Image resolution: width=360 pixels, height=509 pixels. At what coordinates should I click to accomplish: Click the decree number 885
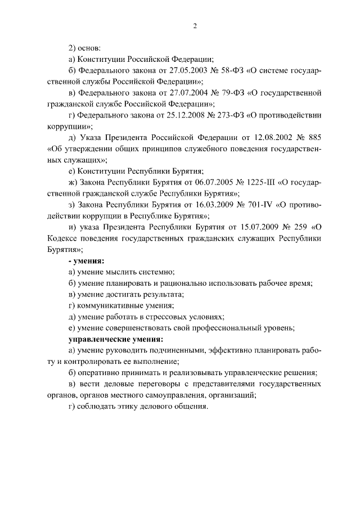[x=313, y=137]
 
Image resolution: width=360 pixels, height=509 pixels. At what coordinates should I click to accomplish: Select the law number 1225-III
[x=239, y=182]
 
